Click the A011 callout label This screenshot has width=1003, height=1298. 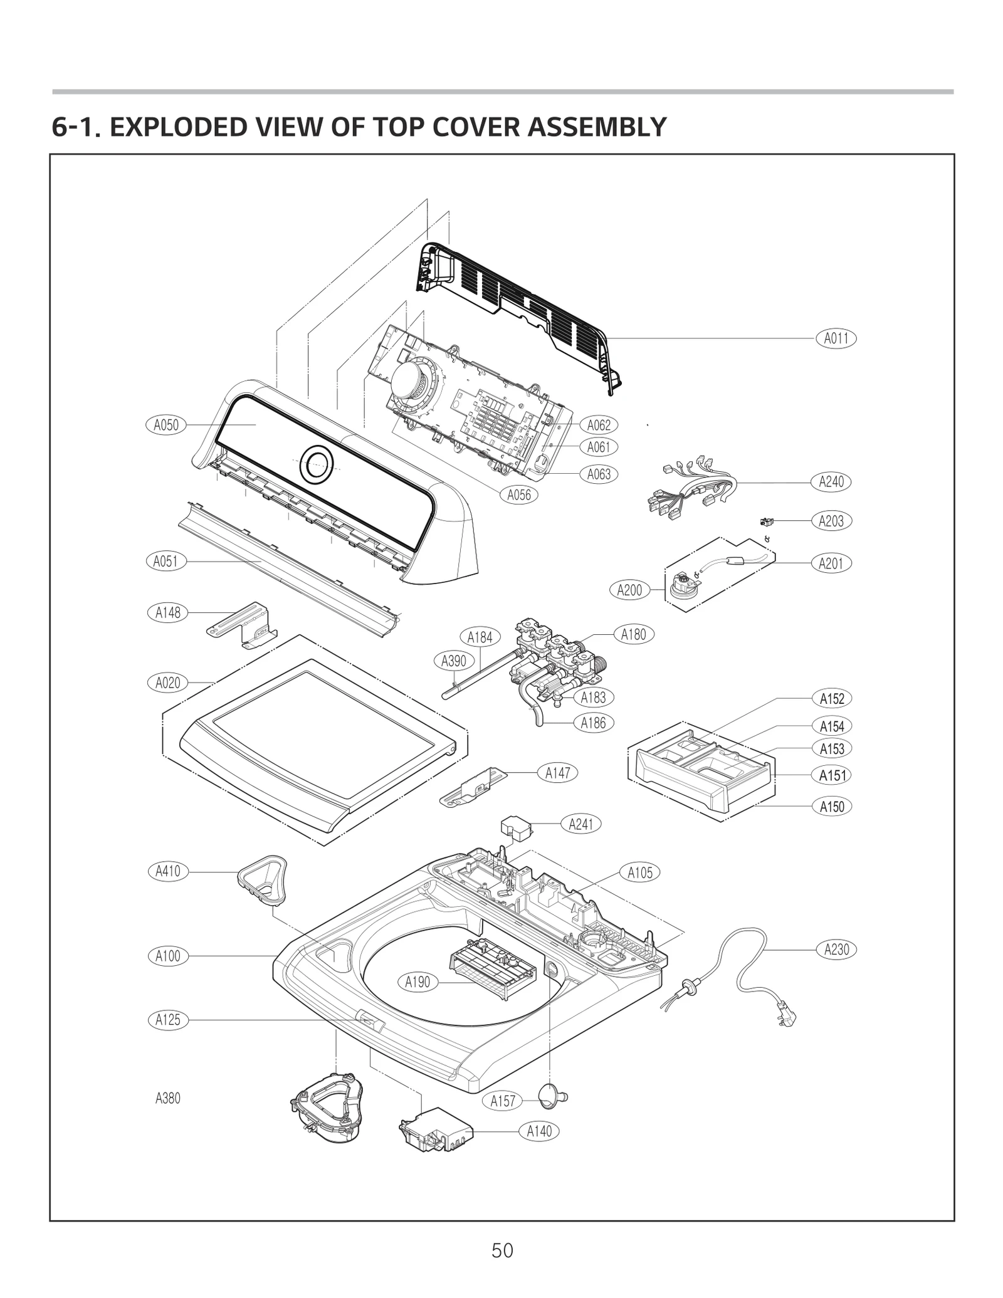[x=836, y=338]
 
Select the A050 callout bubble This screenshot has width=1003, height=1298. [x=166, y=425]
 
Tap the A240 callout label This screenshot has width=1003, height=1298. [x=831, y=482]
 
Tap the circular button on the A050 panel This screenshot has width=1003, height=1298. [x=317, y=465]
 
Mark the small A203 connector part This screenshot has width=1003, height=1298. [x=765, y=521]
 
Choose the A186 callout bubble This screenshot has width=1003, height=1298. [x=593, y=723]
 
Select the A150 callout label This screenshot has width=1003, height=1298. [x=832, y=807]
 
